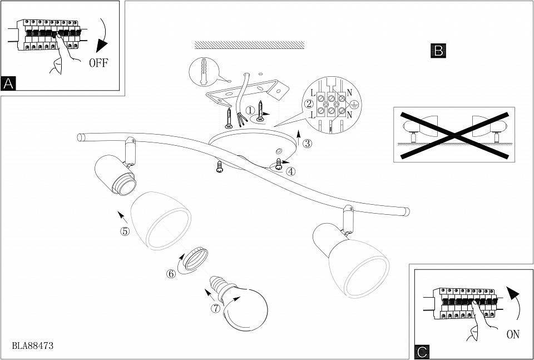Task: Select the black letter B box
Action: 438,51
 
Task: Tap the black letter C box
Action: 423,352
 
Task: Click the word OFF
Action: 98,62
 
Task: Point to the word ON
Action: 513,334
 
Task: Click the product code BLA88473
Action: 33,346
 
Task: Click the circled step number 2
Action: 308,104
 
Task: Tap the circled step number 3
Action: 307,142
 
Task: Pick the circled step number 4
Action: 290,171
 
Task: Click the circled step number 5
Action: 125,231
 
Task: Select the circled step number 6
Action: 171,273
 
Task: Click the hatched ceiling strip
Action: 249,45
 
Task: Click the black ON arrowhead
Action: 514,294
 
